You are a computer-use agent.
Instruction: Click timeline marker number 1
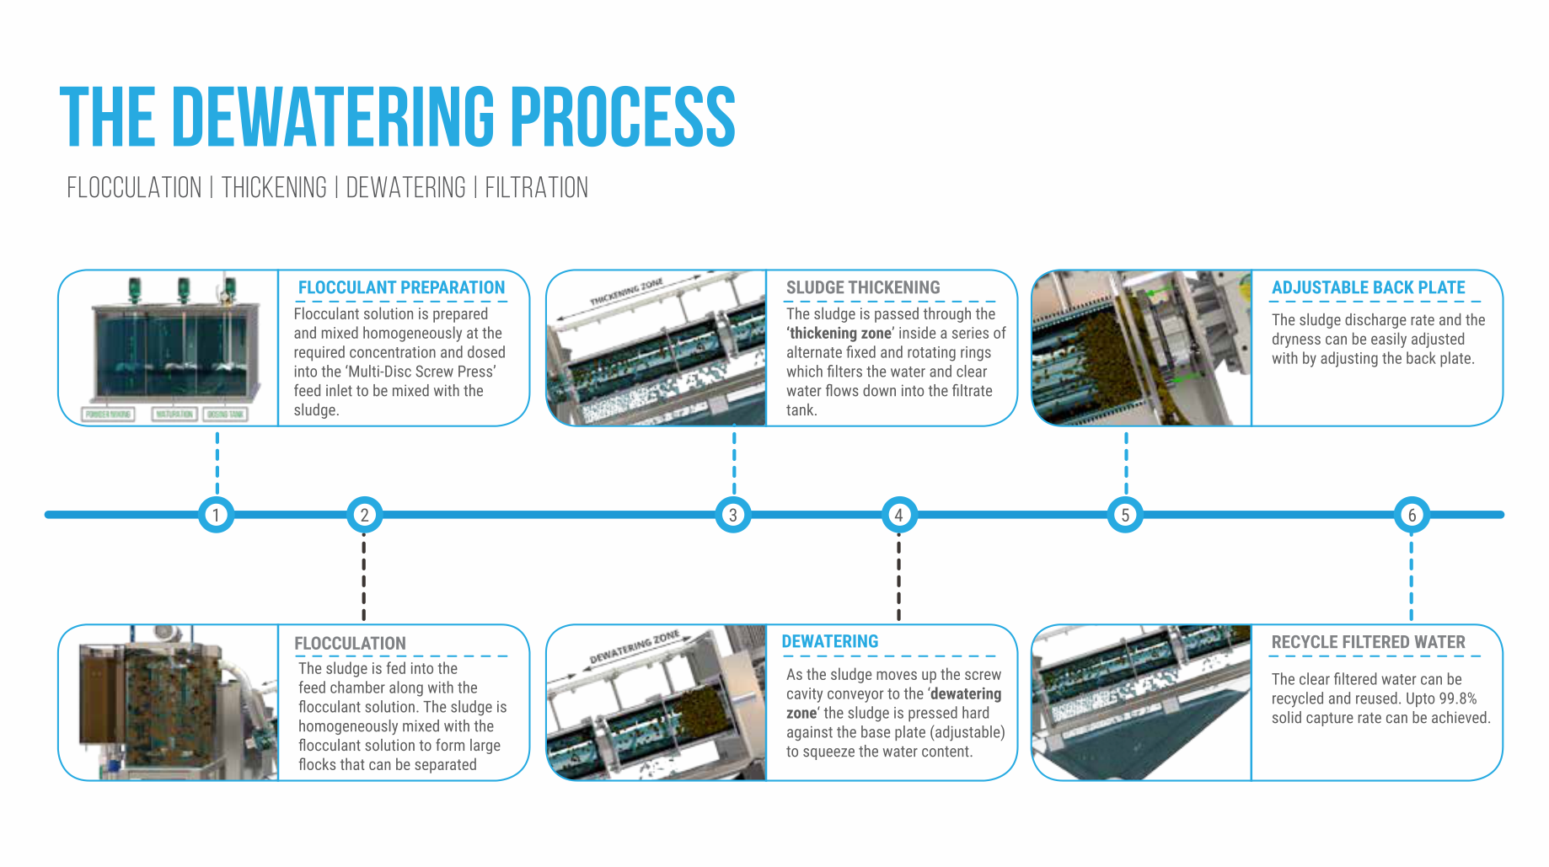(217, 515)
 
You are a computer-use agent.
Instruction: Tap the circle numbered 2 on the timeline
(364, 515)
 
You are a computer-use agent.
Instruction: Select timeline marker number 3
(733, 515)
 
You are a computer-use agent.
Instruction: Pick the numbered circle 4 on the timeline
(898, 515)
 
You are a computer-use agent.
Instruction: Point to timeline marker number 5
(1125, 515)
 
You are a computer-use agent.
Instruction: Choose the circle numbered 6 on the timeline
(1412, 515)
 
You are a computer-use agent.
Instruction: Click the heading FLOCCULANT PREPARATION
(401, 287)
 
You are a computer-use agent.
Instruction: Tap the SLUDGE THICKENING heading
(863, 287)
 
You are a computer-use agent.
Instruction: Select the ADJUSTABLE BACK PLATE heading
(1368, 287)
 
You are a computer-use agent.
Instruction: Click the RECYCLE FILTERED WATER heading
(1368, 642)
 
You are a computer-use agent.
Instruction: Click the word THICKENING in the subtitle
(274, 187)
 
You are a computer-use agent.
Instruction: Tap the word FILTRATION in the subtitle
(536, 187)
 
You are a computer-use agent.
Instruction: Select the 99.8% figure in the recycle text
(1457, 698)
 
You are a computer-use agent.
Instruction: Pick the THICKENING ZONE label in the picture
(626, 292)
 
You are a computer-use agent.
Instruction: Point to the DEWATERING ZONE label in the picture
(634, 646)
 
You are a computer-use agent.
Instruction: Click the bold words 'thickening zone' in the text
(839, 334)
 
